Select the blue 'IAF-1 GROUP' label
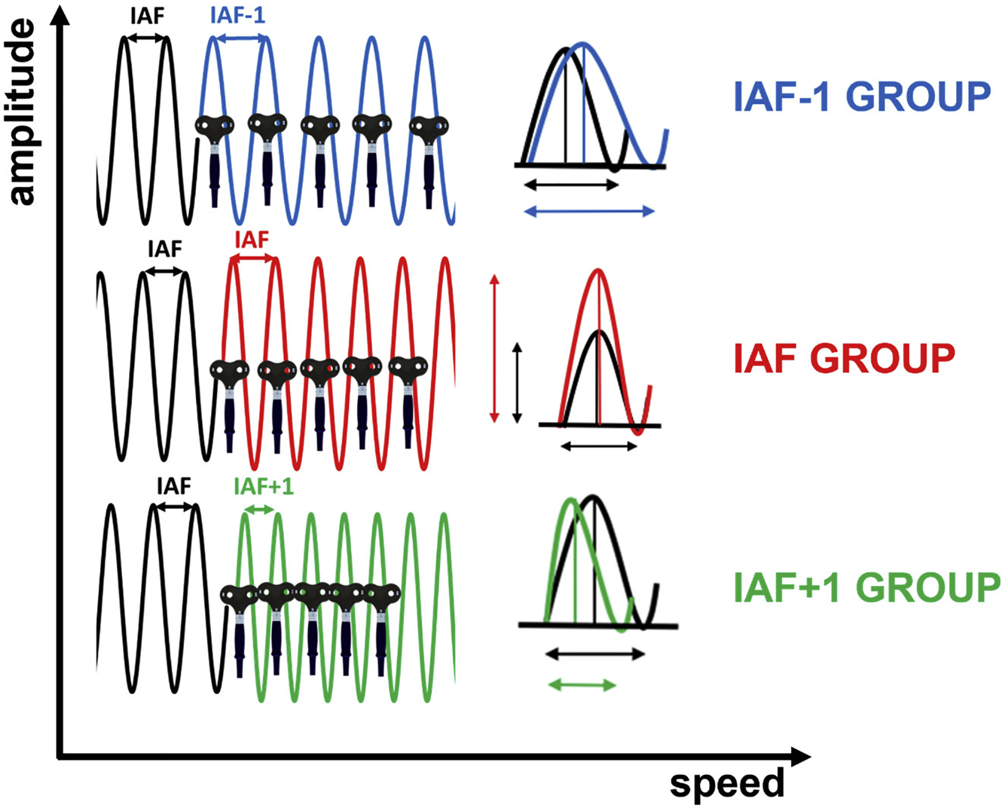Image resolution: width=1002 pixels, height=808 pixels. pos(862,97)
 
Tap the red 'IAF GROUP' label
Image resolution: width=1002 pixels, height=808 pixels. pos(844,357)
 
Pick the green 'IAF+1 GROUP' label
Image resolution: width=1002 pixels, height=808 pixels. pos(867,587)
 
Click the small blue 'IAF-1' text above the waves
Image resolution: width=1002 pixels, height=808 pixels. pos(238,15)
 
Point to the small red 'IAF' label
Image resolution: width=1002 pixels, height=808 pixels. pos(251,240)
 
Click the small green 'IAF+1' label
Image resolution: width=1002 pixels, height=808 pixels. pos(263,486)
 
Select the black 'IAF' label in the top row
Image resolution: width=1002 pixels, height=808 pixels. pos(147,16)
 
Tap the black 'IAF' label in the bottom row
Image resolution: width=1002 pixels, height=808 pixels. pos(174,486)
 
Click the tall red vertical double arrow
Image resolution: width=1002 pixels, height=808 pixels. pos(494,348)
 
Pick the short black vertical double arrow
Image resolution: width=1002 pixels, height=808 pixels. pos(517,382)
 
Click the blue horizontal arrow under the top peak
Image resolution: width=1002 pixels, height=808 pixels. pos(588,211)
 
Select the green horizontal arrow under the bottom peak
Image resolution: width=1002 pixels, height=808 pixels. pos(581,685)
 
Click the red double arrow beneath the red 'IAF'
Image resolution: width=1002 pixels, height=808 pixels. pos(252,259)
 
